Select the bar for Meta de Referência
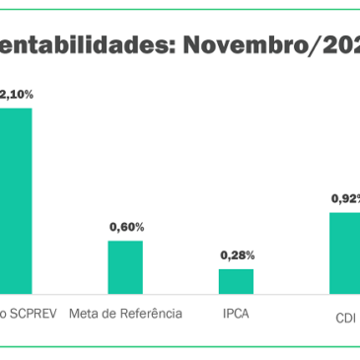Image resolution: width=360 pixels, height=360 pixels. click(x=125, y=266)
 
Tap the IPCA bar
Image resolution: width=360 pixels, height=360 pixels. click(x=236, y=281)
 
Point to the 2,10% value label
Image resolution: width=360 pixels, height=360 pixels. click(x=17, y=95)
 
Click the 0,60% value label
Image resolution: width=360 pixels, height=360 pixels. click(x=126, y=227)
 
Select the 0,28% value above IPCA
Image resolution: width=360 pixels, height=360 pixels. click(x=236, y=255)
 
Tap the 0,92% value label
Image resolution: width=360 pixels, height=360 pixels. click(x=345, y=198)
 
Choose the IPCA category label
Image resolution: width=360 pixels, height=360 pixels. click(x=236, y=314)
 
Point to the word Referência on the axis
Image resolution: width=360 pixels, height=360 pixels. click(x=151, y=314)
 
